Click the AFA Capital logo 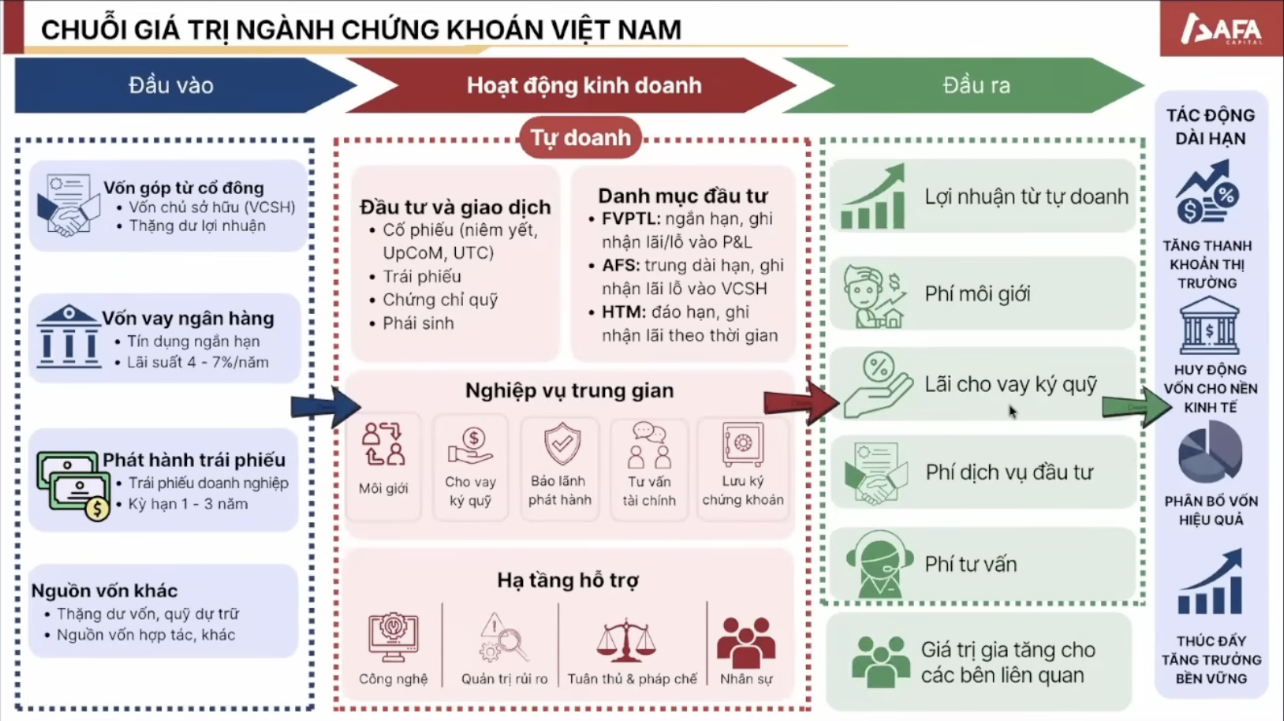click(x=1222, y=29)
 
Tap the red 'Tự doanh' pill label click(x=580, y=138)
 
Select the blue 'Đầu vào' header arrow click(x=185, y=85)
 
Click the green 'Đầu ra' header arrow click(x=964, y=85)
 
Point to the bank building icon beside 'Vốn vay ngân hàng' click(x=69, y=336)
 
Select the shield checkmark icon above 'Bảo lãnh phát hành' click(x=562, y=443)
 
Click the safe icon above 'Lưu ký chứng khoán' click(x=743, y=443)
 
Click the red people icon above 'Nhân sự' click(x=746, y=642)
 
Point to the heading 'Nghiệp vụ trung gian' click(x=569, y=390)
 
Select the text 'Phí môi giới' click(x=977, y=294)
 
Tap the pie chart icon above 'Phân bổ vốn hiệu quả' click(x=1210, y=452)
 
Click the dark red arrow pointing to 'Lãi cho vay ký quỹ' click(x=801, y=402)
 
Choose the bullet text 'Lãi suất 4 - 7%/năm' click(x=198, y=362)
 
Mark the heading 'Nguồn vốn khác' click(x=104, y=590)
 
